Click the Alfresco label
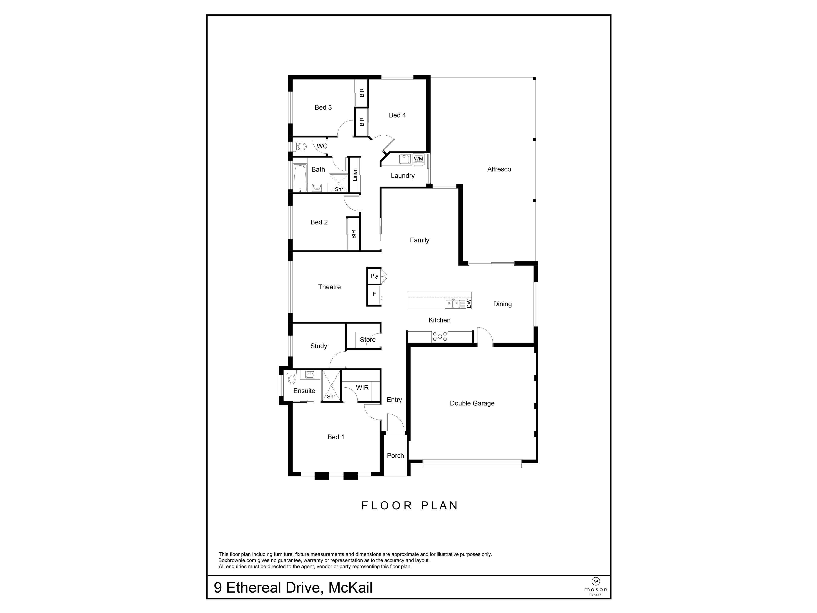click(x=499, y=169)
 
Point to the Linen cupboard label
click(x=355, y=175)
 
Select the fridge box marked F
click(x=374, y=294)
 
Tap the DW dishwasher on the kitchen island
click(x=468, y=303)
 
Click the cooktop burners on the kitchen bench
click(x=440, y=336)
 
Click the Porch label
click(x=395, y=455)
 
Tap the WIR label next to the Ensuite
click(x=362, y=388)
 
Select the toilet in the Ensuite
click(x=292, y=377)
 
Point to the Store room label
click(x=367, y=339)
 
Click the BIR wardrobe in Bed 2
click(x=353, y=234)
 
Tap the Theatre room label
click(x=329, y=287)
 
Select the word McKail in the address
click(x=350, y=588)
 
